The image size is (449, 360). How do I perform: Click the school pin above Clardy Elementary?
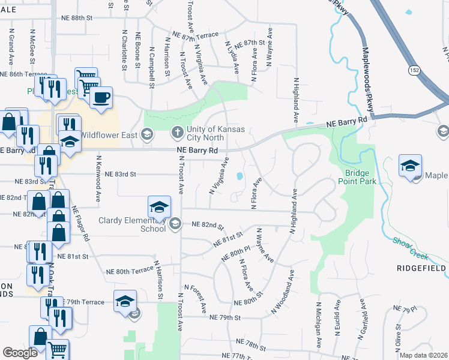(x=159, y=207)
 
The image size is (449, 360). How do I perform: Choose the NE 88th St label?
(x=77, y=18)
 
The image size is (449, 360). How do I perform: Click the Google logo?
(x=20, y=352)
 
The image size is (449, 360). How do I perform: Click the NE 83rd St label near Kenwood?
(x=121, y=174)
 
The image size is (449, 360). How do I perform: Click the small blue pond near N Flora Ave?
(x=240, y=176)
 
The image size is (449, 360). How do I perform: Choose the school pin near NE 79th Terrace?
(x=124, y=301)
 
